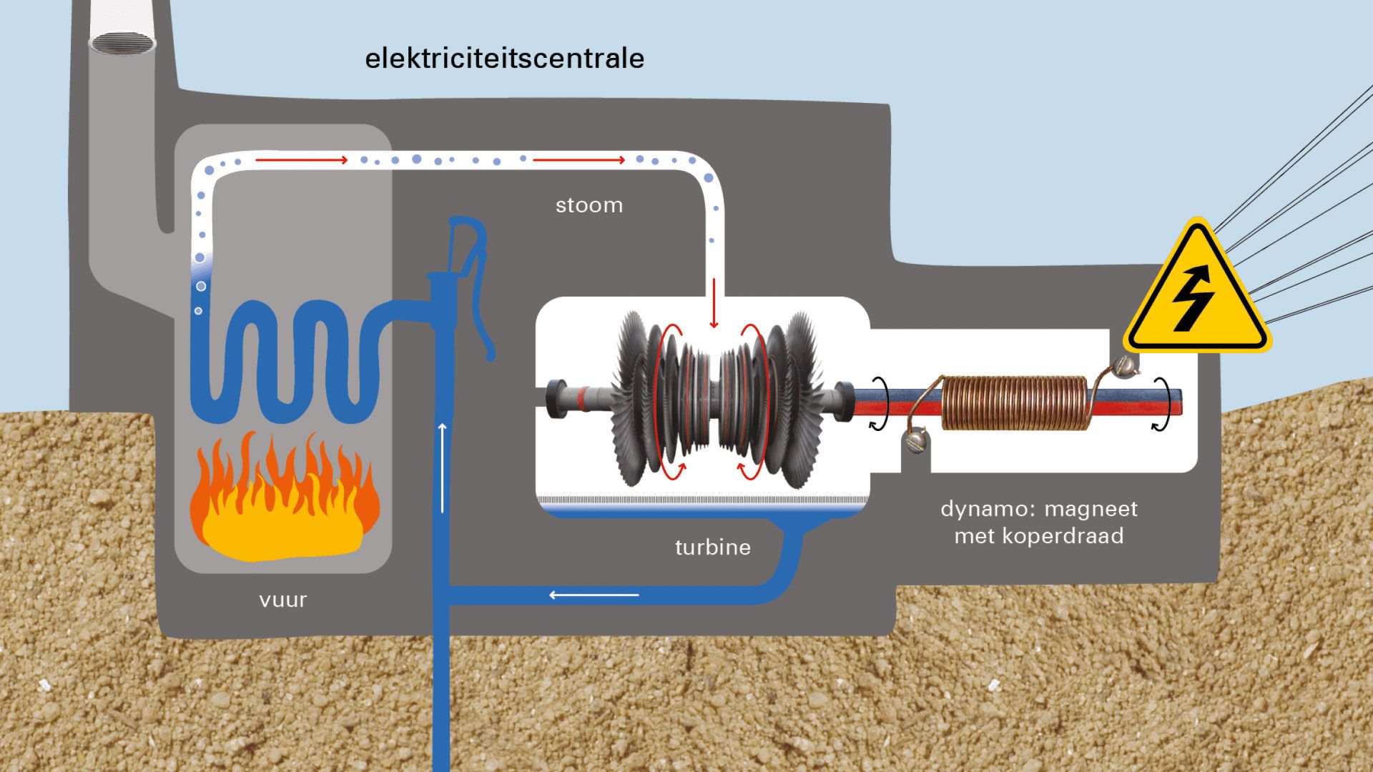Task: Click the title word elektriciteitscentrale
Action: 504,59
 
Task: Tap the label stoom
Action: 589,206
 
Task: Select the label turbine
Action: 713,548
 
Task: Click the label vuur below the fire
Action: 283,600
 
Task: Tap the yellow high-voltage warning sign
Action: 1196,293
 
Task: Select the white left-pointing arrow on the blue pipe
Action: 594,595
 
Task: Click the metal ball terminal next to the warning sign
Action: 1125,366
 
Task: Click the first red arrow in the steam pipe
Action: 301,160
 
